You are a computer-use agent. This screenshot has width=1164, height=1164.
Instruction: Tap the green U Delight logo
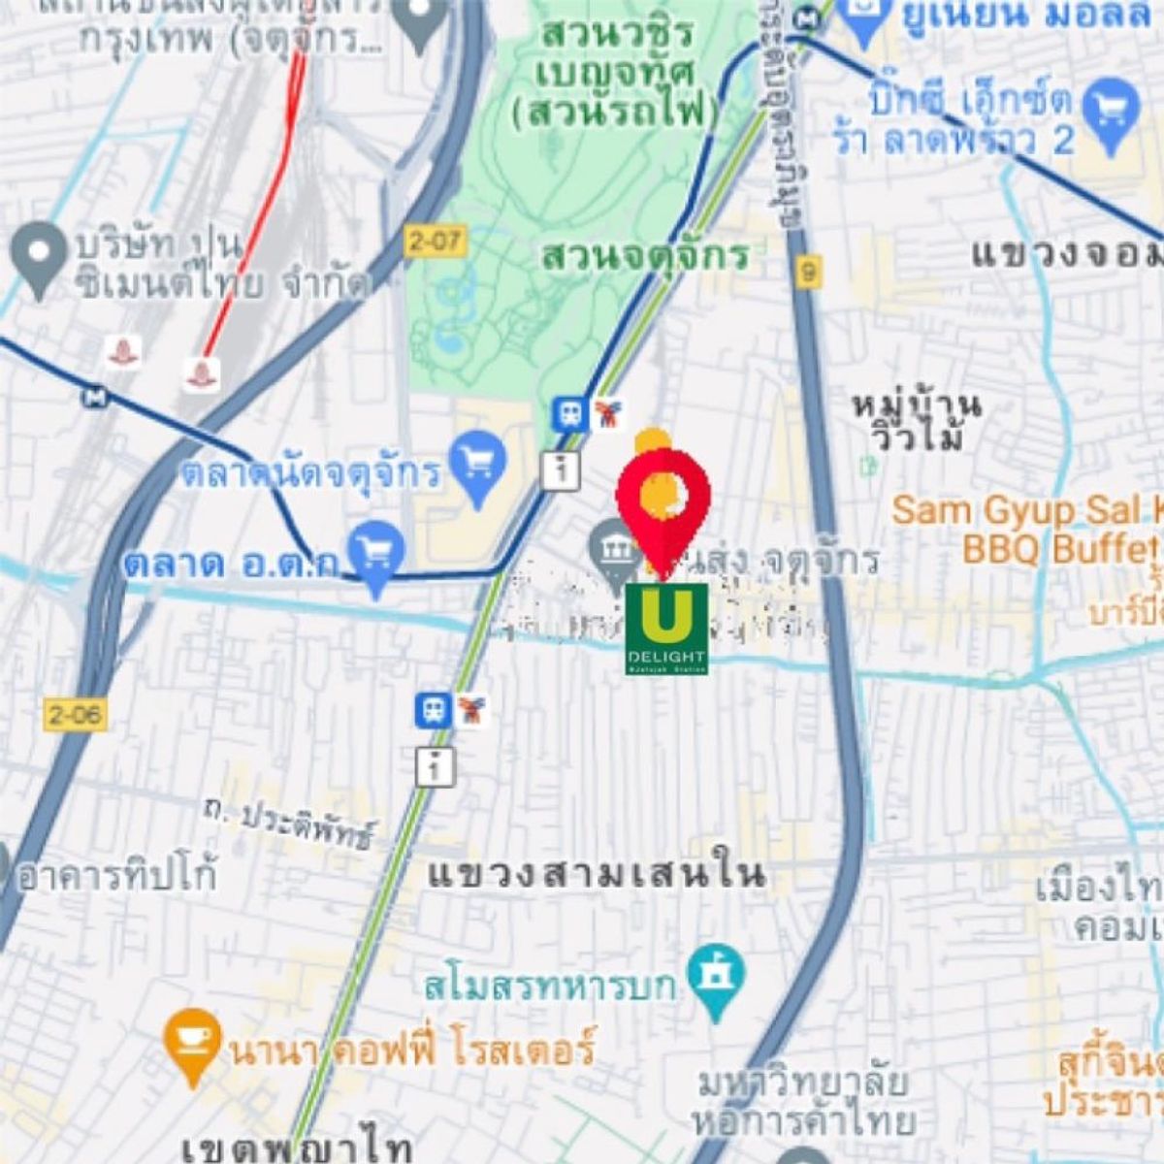(666, 628)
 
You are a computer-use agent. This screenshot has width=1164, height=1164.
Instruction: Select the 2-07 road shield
(436, 240)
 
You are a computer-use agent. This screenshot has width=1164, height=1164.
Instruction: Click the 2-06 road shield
(74, 715)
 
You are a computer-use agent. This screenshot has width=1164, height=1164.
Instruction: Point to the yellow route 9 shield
(807, 273)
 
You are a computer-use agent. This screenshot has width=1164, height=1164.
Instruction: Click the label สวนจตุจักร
(645, 255)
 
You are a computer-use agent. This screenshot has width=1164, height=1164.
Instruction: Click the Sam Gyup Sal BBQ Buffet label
(1027, 530)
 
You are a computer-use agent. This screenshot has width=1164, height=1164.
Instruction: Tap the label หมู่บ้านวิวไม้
(917, 420)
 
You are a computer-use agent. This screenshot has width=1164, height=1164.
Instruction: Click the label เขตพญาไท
(296, 1148)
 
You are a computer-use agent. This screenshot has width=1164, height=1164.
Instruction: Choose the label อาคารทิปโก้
(116, 877)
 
